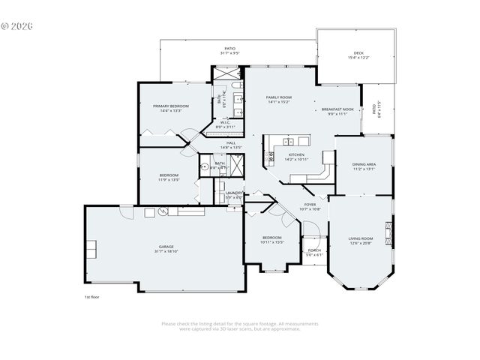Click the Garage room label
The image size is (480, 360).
point(166,246)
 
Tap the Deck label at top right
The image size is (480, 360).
point(358,53)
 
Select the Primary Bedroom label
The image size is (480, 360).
point(171,106)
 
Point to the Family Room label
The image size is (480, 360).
point(279,97)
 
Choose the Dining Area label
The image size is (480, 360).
point(364,164)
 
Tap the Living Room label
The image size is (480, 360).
point(360,238)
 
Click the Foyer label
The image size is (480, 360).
point(310,204)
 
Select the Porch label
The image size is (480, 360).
point(314,250)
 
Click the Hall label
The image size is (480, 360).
point(231,142)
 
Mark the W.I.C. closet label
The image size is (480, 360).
point(225,123)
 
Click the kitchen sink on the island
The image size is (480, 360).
point(286,141)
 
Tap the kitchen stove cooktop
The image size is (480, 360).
point(271,156)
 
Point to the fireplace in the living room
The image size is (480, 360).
point(388,229)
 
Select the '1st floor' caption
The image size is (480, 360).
point(91,297)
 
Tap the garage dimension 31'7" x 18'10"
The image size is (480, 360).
point(166,251)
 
